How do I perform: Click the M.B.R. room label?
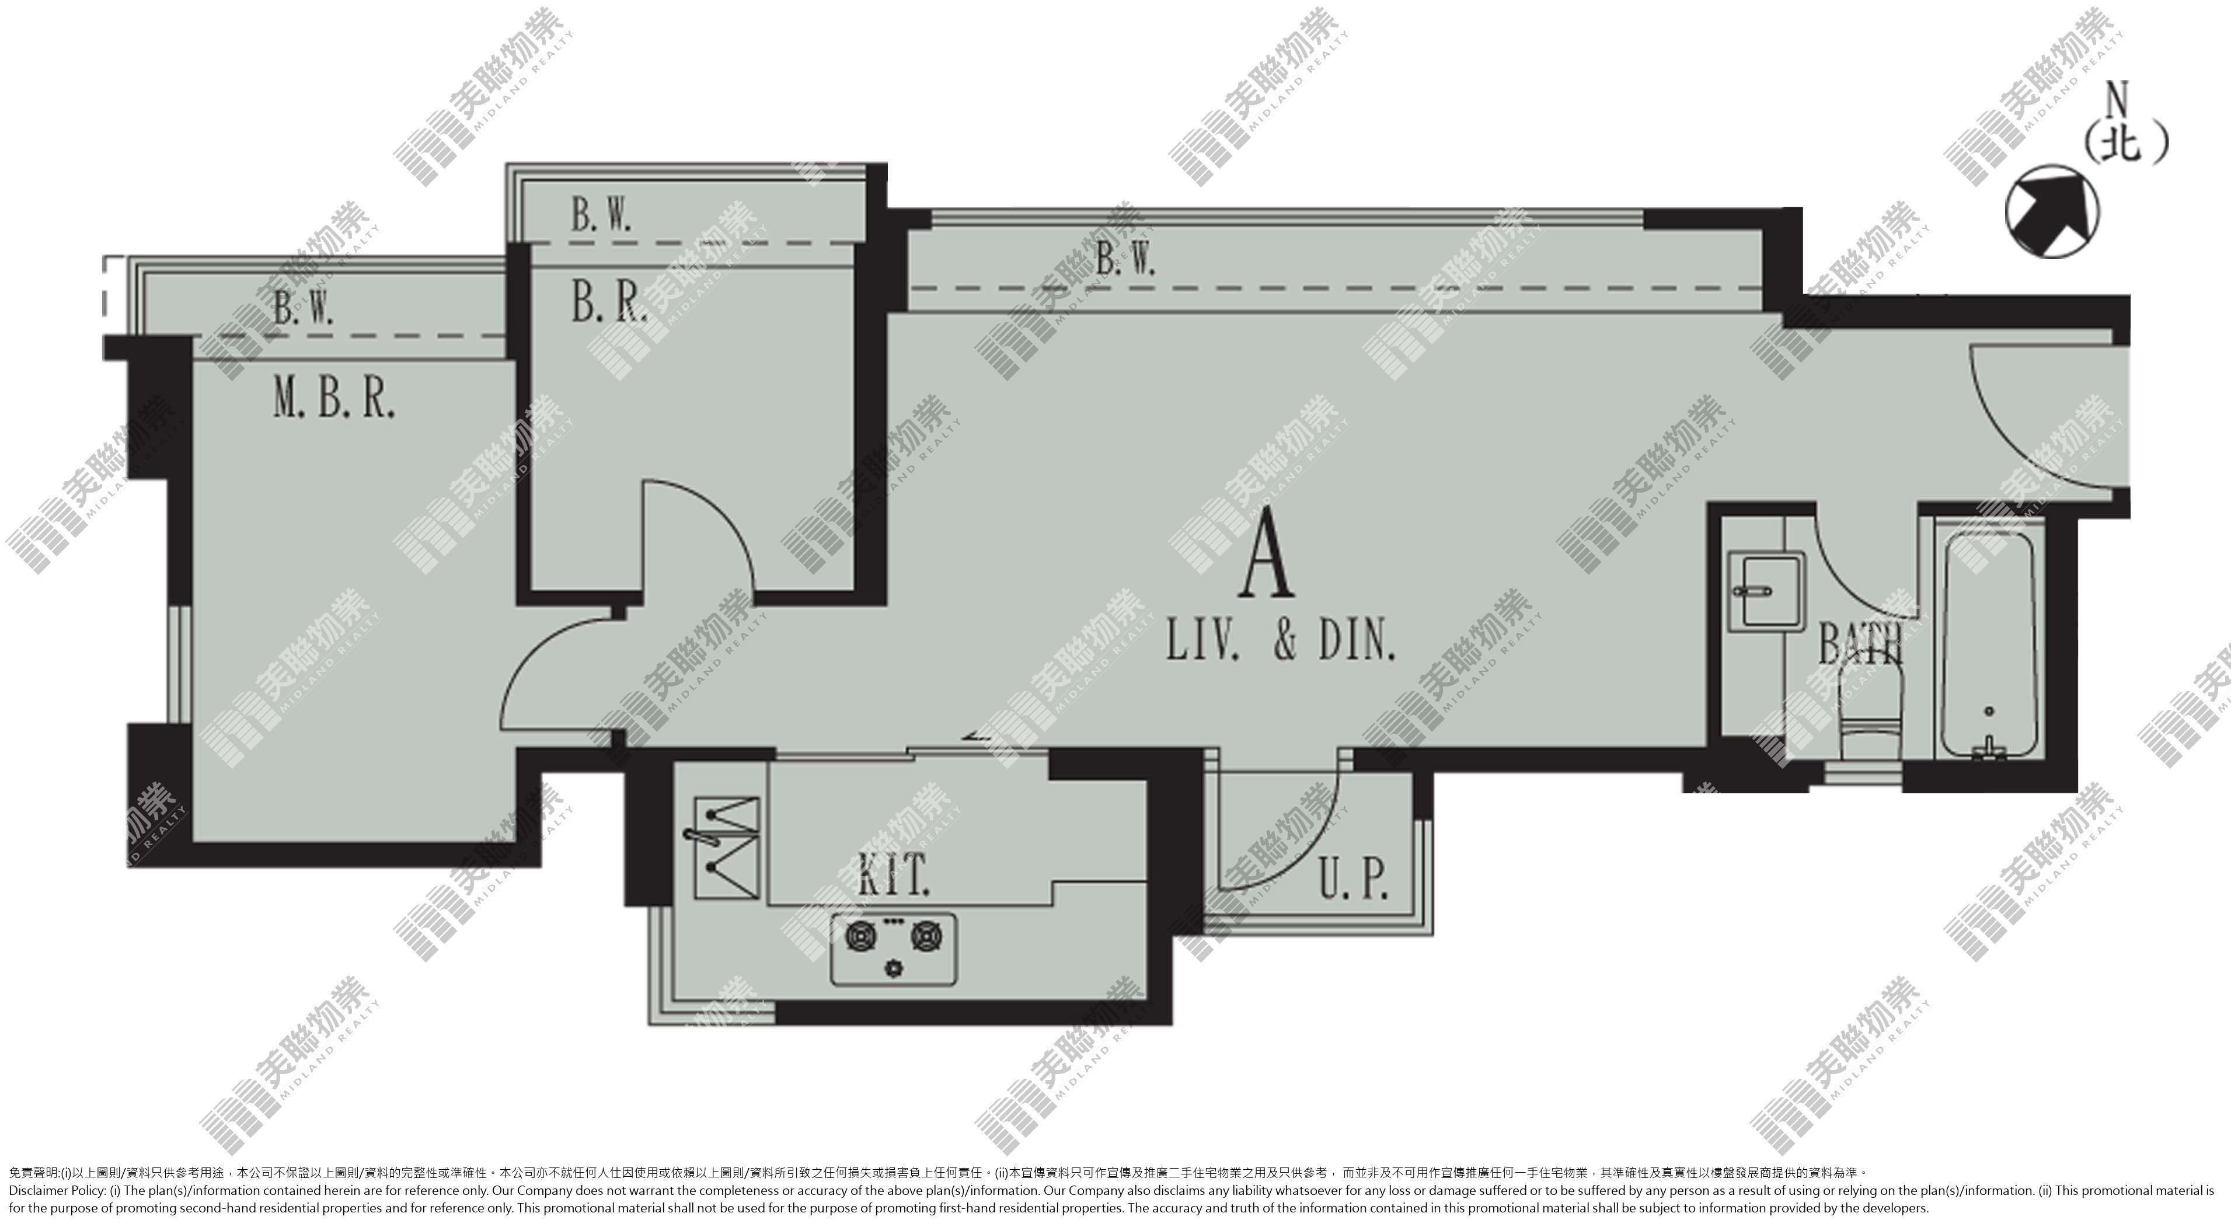click(334, 400)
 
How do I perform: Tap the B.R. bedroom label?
click(609, 303)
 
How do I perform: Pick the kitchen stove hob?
click(894, 949)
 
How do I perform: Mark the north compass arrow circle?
click(2052, 212)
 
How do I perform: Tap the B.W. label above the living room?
click(1125, 258)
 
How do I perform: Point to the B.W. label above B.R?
click(600, 215)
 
